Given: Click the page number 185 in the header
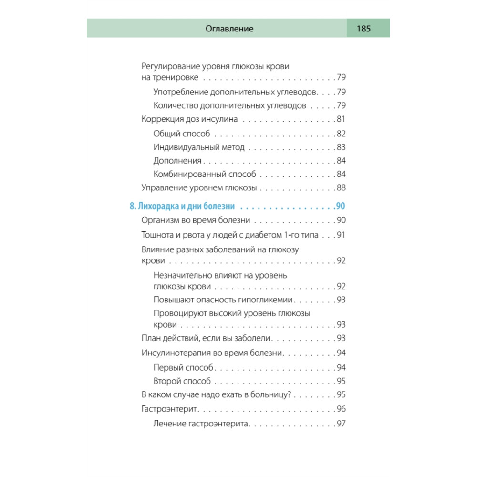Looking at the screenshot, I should coord(363,29).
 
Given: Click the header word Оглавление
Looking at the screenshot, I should coord(229,29).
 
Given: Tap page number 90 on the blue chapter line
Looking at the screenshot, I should coord(341,207).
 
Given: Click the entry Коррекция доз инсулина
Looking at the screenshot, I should coord(190,119).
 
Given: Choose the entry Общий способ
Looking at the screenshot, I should coord(182,134).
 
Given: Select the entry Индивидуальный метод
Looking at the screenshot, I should coord(199,147).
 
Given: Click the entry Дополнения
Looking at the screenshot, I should coord(177,161).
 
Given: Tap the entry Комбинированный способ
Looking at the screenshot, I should coord(205,174).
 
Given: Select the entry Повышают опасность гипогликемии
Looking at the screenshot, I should coord(223,300).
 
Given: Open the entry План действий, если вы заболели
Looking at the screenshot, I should coord(207,338).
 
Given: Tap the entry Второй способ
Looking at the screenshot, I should coord(182,381).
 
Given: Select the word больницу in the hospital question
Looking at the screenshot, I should coord(270,395).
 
